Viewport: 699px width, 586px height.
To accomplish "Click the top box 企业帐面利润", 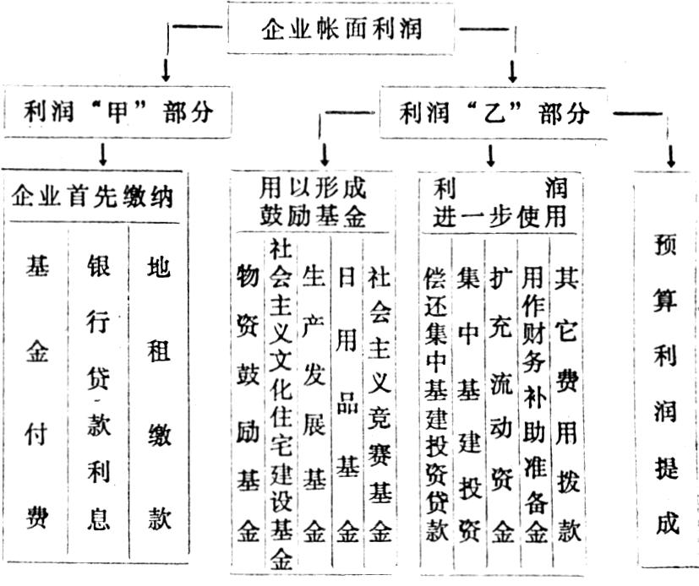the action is point(341,29).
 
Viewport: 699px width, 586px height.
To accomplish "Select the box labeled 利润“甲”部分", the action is point(117,111).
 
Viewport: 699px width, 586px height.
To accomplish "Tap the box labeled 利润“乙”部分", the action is point(493,112).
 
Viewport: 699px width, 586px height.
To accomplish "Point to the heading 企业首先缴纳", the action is point(92,197).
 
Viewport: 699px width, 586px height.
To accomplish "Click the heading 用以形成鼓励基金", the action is point(313,202).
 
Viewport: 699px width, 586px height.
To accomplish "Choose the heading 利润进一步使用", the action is point(500,202).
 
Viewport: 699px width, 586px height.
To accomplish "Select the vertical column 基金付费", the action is point(37,392).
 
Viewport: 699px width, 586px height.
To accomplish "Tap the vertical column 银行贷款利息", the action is point(98,392).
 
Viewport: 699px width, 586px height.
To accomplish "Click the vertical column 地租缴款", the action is point(159,392).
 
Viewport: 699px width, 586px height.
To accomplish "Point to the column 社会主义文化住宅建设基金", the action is point(281,405).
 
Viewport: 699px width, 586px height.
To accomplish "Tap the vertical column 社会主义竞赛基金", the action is point(380,403).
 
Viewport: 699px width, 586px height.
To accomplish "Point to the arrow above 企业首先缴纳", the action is point(103,155).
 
